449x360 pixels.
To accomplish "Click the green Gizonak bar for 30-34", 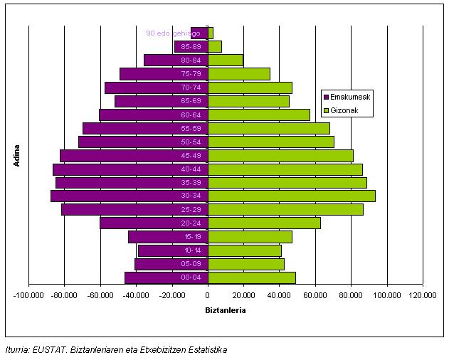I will click(291, 196).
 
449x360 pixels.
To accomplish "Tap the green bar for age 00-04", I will click(251, 277).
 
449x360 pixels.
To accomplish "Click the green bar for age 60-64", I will click(258, 115).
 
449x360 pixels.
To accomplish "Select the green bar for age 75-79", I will click(238, 73).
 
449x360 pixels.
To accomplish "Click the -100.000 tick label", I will click(29, 295).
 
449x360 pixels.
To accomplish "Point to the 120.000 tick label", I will click(422, 295).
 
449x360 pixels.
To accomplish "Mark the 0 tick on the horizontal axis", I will click(208, 295).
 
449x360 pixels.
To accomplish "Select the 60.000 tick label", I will click(315, 295).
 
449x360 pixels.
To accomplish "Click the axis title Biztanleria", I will click(225, 311).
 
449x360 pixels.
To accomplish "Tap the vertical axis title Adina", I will click(16, 155).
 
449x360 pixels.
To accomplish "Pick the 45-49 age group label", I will click(191, 155).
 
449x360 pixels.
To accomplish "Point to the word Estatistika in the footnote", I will click(206, 350).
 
